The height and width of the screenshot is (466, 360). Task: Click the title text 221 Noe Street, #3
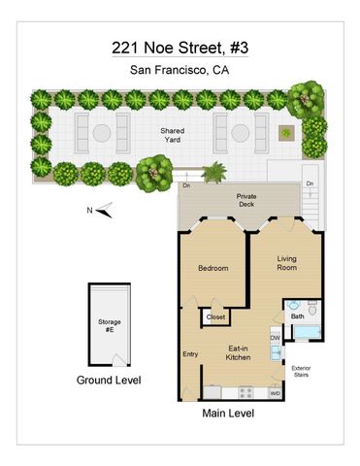tap(180, 48)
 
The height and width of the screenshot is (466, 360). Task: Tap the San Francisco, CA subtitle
tap(180, 70)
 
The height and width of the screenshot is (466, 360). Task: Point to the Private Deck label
tap(245, 201)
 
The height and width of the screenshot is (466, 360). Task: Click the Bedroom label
tap(213, 268)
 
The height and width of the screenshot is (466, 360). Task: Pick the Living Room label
tap(287, 263)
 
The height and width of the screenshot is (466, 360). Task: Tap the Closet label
tap(215, 316)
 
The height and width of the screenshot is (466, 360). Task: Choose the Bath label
tap(298, 315)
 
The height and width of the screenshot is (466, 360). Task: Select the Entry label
tap(190, 354)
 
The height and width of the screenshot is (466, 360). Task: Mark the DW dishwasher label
tap(276, 338)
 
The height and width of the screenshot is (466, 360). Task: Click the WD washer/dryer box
tap(275, 393)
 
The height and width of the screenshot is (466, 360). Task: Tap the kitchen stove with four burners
tap(245, 392)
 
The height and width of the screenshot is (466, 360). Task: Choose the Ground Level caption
tap(108, 381)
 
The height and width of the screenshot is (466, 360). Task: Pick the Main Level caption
tap(228, 415)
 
